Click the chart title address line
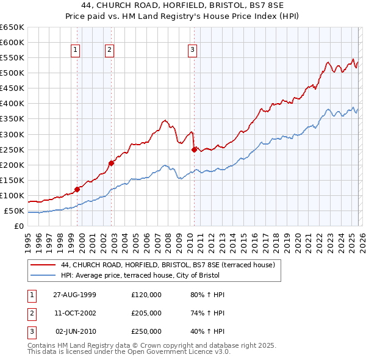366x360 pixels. point(182,5)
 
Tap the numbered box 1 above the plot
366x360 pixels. point(76,50)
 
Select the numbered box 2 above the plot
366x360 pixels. point(110,50)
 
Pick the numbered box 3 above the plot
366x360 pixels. point(192,50)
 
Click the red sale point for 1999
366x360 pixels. point(77,189)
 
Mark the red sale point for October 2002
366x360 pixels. point(112,163)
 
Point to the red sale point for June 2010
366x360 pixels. point(194,149)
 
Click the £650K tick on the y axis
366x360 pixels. point(12,27)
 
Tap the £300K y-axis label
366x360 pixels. point(12,134)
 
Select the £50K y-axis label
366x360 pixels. point(14,211)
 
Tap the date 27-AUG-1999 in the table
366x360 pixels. point(74,295)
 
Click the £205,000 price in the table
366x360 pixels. point(146,313)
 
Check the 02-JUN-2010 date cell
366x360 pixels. point(76,331)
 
